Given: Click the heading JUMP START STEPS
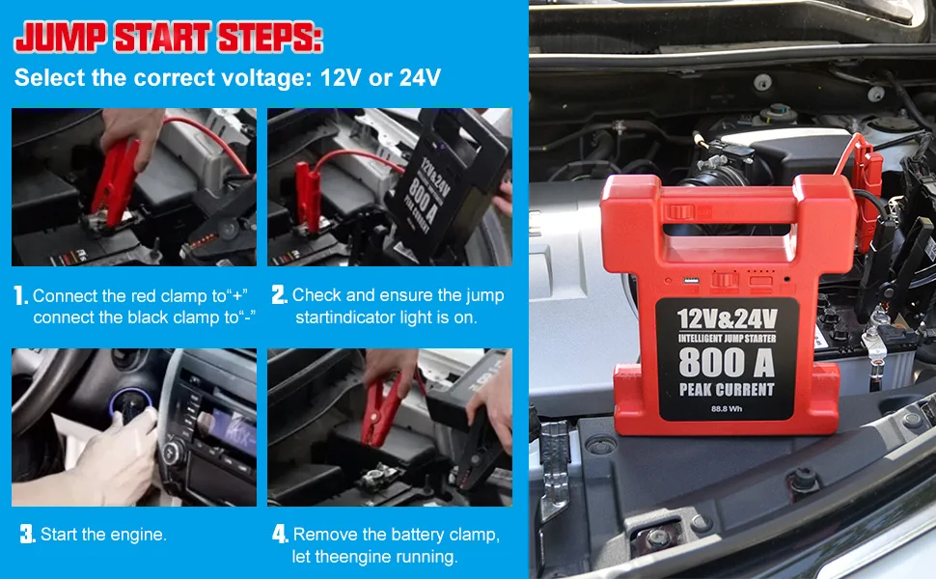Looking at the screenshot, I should click(x=168, y=38).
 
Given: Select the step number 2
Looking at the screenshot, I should click(x=279, y=295).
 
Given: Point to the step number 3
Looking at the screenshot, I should click(x=27, y=534).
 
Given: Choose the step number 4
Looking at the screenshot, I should click(x=280, y=534).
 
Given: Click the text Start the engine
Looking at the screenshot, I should click(x=103, y=535).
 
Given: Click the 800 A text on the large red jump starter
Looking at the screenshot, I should click(x=727, y=362).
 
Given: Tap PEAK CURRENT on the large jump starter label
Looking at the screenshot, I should click(x=727, y=390).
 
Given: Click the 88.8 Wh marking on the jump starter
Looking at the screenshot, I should click(x=727, y=408).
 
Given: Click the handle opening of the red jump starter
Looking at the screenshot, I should click(x=728, y=233).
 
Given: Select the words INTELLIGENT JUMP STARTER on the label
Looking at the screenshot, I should click(x=727, y=338).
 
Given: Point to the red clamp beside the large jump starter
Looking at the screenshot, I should click(x=864, y=169).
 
